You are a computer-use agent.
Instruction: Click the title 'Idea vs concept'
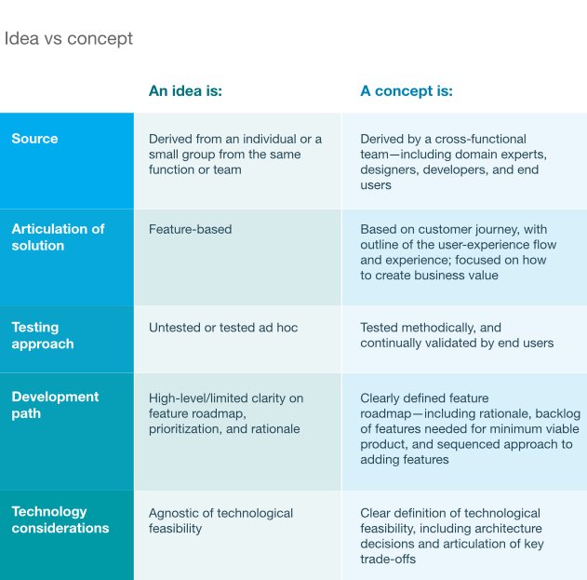tap(69, 39)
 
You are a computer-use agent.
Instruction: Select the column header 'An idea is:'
tap(185, 91)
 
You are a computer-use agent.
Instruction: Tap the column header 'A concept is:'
tap(407, 91)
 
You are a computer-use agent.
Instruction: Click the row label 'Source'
tap(34, 139)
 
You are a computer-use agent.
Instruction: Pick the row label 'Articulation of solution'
tap(58, 237)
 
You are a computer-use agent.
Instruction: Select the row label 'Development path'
tap(55, 405)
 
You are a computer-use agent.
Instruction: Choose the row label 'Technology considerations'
tap(60, 519)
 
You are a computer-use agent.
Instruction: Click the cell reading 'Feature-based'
tap(191, 229)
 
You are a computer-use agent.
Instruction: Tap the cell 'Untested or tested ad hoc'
tap(223, 328)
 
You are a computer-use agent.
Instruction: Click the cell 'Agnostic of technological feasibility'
tap(220, 520)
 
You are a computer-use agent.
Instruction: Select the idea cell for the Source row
tap(235, 155)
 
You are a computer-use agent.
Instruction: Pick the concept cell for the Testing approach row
tap(457, 335)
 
